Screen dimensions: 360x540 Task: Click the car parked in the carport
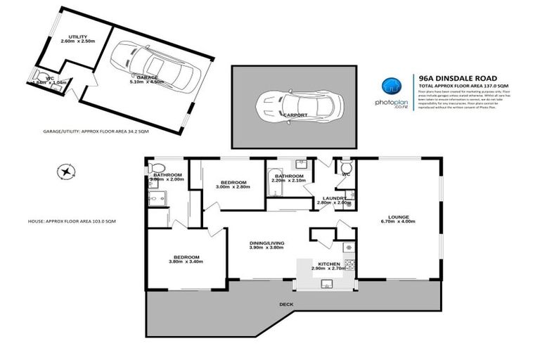[299, 106]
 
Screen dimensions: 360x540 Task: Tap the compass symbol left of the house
[65, 170]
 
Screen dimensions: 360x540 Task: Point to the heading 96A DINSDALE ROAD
[457, 78]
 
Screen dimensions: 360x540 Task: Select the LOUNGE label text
[398, 217]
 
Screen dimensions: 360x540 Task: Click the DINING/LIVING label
[266, 244]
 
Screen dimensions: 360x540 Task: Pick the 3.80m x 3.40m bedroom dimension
[186, 262]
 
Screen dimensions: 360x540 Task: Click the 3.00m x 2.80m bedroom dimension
[231, 188]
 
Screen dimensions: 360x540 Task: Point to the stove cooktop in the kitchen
[347, 247]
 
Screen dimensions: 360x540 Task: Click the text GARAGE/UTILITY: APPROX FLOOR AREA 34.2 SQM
[87, 131]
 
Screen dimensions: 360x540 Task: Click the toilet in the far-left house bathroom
[157, 167]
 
